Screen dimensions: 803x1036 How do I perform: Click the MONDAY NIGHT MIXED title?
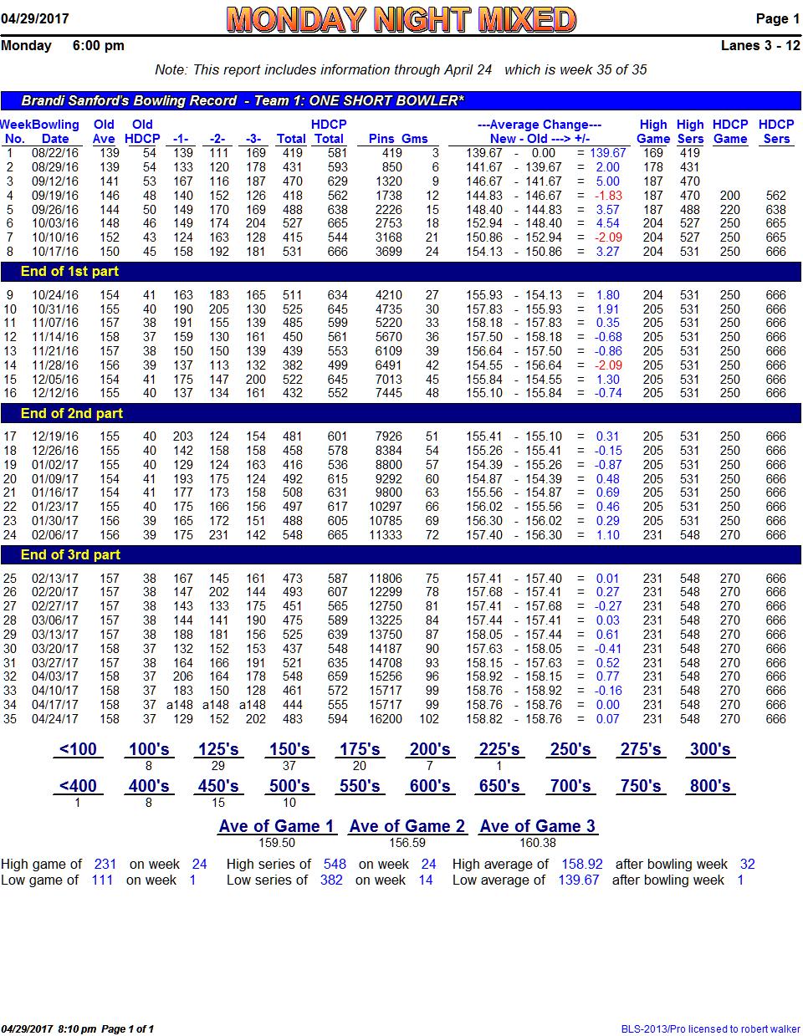click(401, 19)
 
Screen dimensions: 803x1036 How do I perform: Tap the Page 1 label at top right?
click(777, 18)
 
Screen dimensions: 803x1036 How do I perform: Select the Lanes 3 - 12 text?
click(760, 45)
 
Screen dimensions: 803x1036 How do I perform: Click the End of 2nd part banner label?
click(72, 413)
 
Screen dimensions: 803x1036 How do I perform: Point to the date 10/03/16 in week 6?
click(55, 223)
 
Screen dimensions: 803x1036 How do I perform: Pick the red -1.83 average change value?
click(608, 196)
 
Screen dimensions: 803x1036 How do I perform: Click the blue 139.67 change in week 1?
click(607, 152)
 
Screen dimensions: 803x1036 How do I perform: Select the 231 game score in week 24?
click(218, 535)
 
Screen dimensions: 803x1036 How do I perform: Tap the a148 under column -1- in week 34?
click(180, 705)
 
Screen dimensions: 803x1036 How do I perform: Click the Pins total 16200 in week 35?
click(386, 719)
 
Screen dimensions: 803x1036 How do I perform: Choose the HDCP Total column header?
click(329, 131)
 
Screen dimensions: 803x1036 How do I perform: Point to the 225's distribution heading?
click(499, 749)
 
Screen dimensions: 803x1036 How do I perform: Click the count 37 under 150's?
click(289, 766)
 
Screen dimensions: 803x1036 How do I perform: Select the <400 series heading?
click(78, 786)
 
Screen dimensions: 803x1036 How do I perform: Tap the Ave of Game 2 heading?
click(407, 826)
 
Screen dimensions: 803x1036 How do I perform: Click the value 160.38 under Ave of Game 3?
click(537, 843)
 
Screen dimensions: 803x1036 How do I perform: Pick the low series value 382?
click(331, 880)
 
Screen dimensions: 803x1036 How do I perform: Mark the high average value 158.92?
click(581, 864)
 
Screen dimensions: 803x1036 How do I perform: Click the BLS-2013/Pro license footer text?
click(710, 1029)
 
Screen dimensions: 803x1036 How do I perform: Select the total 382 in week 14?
click(292, 365)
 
